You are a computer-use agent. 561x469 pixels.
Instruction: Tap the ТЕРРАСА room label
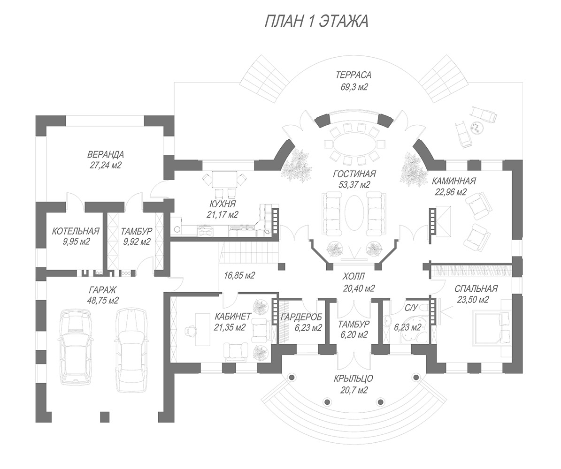pos(354,75)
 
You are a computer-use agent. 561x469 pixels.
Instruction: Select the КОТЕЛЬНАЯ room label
pos(76,231)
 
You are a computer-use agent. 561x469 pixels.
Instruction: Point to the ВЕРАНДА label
pos(106,154)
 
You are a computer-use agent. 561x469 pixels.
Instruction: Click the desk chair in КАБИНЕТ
pos(191,331)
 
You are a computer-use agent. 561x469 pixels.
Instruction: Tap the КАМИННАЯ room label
pos(454,181)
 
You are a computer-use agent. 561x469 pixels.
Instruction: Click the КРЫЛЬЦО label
pos(354,379)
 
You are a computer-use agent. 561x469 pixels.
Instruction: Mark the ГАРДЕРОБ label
pos(301,317)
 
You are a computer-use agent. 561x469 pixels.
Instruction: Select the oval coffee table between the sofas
pos(354,214)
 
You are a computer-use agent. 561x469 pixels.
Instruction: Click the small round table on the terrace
pos(476,127)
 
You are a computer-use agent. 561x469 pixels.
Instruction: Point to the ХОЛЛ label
pos(354,277)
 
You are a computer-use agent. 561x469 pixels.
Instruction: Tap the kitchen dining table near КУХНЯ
pos(224,179)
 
